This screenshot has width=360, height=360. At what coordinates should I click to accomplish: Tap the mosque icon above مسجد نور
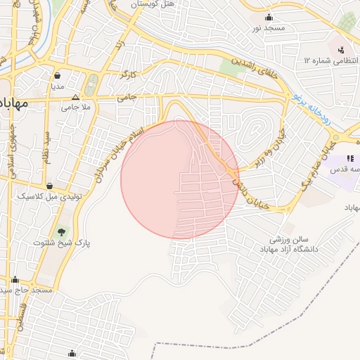269,18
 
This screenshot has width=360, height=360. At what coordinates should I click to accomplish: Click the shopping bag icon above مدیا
57,76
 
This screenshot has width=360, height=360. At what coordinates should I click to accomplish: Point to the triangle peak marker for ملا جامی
75,98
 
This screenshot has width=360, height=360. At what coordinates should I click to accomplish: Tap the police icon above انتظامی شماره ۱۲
341,50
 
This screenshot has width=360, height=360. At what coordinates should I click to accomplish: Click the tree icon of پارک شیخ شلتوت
61,231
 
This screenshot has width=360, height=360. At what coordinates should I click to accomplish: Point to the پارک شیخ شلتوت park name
63,243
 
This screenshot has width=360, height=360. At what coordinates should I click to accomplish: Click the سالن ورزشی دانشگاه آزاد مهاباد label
289,244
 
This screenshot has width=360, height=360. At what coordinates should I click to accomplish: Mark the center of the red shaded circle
180,179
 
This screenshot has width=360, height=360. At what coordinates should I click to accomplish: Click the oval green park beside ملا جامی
90,86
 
